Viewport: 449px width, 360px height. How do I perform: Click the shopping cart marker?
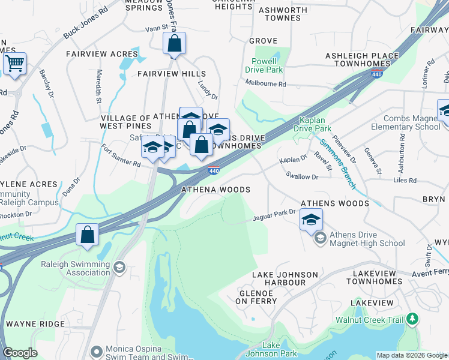14,63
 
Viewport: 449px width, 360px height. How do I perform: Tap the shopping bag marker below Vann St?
174,43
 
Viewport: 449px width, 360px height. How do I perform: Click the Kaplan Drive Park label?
312,124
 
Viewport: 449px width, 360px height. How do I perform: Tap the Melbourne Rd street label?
266,85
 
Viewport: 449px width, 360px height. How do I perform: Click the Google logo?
20,353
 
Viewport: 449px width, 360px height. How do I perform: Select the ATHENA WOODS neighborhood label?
216,190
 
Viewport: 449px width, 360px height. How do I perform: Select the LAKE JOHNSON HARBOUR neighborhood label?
285,279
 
